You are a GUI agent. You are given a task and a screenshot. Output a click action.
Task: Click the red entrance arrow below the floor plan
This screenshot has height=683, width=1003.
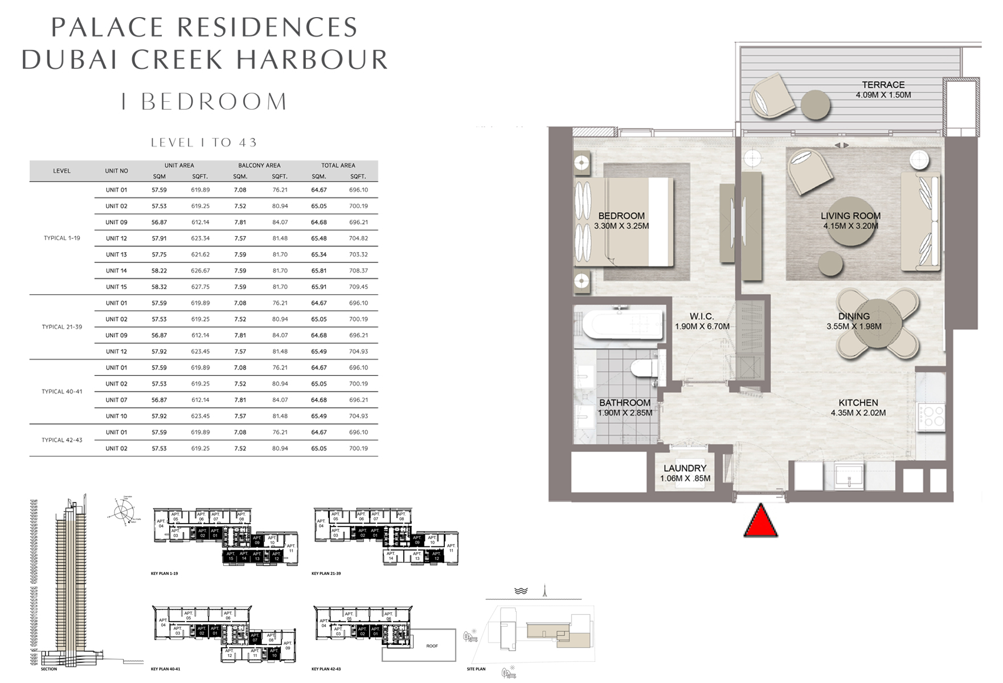tap(760, 521)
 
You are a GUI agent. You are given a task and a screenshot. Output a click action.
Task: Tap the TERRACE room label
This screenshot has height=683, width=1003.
tap(883, 85)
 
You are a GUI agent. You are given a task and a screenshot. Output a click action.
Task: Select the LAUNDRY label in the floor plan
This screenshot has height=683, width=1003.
tap(685, 468)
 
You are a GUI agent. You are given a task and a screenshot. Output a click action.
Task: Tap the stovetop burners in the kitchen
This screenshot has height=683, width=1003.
tap(931, 415)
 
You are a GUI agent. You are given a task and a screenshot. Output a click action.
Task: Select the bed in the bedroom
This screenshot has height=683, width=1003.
tap(624, 222)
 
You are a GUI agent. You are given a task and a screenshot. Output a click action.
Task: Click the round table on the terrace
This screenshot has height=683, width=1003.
tap(816, 105)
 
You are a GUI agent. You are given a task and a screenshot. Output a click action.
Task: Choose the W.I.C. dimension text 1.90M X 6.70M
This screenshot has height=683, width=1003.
tap(702, 327)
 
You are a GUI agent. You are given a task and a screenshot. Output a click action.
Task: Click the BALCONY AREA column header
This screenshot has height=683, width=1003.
tap(259, 166)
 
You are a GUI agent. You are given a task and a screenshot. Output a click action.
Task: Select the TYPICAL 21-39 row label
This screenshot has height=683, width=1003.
tap(62, 327)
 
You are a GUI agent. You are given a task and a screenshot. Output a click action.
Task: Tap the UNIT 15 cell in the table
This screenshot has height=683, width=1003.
tap(116, 287)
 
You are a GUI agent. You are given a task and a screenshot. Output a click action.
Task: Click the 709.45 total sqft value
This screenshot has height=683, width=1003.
tap(358, 287)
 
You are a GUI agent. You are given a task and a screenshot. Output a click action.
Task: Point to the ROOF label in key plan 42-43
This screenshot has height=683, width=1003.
tap(432, 646)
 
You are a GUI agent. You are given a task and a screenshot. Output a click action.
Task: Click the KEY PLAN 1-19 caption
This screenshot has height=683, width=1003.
tap(164, 574)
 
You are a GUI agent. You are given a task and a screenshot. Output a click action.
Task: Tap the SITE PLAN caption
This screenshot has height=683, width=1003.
tap(476, 669)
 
